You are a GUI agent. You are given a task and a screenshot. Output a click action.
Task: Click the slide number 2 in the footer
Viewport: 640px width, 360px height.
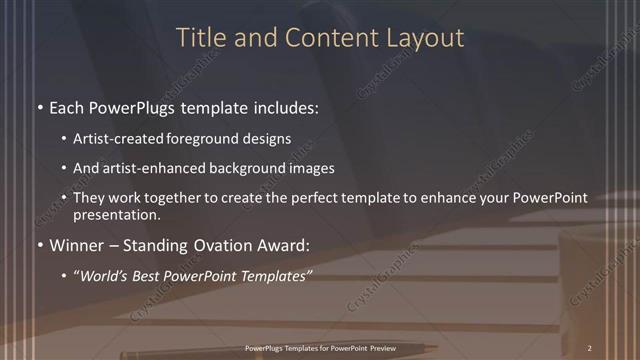(591, 348)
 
